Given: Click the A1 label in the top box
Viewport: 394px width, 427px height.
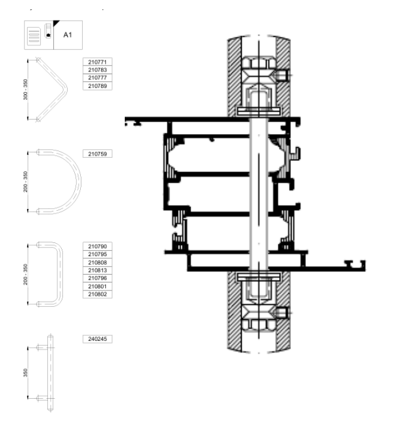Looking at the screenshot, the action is click(x=68, y=35).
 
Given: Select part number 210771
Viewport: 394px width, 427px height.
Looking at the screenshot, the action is click(x=97, y=62).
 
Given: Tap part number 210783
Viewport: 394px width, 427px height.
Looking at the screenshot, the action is click(x=97, y=70).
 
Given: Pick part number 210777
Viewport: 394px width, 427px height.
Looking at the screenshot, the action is click(x=97, y=78).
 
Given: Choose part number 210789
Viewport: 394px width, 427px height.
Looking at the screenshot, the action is click(x=97, y=86).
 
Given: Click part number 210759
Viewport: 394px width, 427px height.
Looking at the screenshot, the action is click(x=97, y=154).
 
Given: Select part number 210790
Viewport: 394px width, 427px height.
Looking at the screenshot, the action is click(x=97, y=246).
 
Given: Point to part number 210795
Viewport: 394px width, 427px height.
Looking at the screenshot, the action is click(x=97, y=254).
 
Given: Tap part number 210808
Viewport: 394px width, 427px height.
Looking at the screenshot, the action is click(x=97, y=262).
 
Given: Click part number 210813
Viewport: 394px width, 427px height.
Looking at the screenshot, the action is click(x=97, y=270).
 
